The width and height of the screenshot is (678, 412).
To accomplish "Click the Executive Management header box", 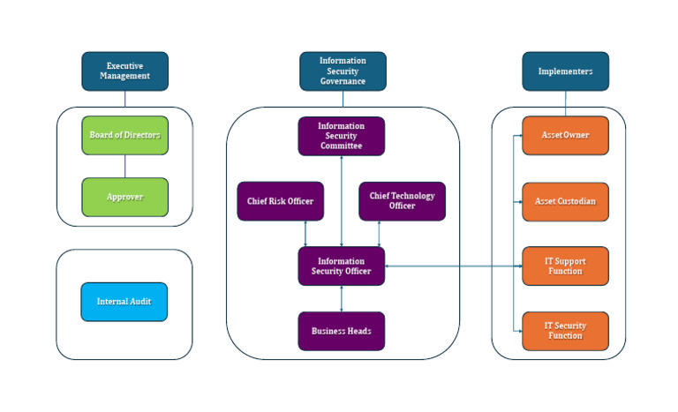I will (x=124, y=71).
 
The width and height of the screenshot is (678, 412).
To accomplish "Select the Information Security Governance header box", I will (x=343, y=71).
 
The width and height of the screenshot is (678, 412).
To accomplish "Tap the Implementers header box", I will (x=565, y=71).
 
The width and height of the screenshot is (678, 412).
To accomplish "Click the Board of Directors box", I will (x=124, y=135).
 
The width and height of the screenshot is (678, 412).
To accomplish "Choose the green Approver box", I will (x=124, y=197).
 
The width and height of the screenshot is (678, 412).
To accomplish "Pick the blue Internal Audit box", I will (x=124, y=302).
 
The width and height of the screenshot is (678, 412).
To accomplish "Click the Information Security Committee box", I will (x=341, y=136).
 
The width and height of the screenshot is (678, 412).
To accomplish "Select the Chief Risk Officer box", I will (x=281, y=201).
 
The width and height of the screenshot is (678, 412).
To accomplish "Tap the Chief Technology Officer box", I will (x=402, y=201).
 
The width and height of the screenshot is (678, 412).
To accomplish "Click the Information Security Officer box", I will (x=341, y=266).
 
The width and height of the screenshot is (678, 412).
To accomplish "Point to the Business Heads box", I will (x=341, y=331).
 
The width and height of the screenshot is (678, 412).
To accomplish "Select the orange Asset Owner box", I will (x=565, y=135).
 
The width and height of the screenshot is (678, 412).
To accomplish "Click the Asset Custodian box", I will (x=565, y=201).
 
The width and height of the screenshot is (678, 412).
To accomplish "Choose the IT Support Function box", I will (x=565, y=266).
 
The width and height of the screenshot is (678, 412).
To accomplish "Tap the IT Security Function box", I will (x=565, y=331).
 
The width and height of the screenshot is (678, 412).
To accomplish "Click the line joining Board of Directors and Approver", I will (x=124, y=166).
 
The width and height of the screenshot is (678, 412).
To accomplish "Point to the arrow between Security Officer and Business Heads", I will (x=342, y=298).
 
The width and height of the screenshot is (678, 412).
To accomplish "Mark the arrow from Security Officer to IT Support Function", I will (x=450, y=266).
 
